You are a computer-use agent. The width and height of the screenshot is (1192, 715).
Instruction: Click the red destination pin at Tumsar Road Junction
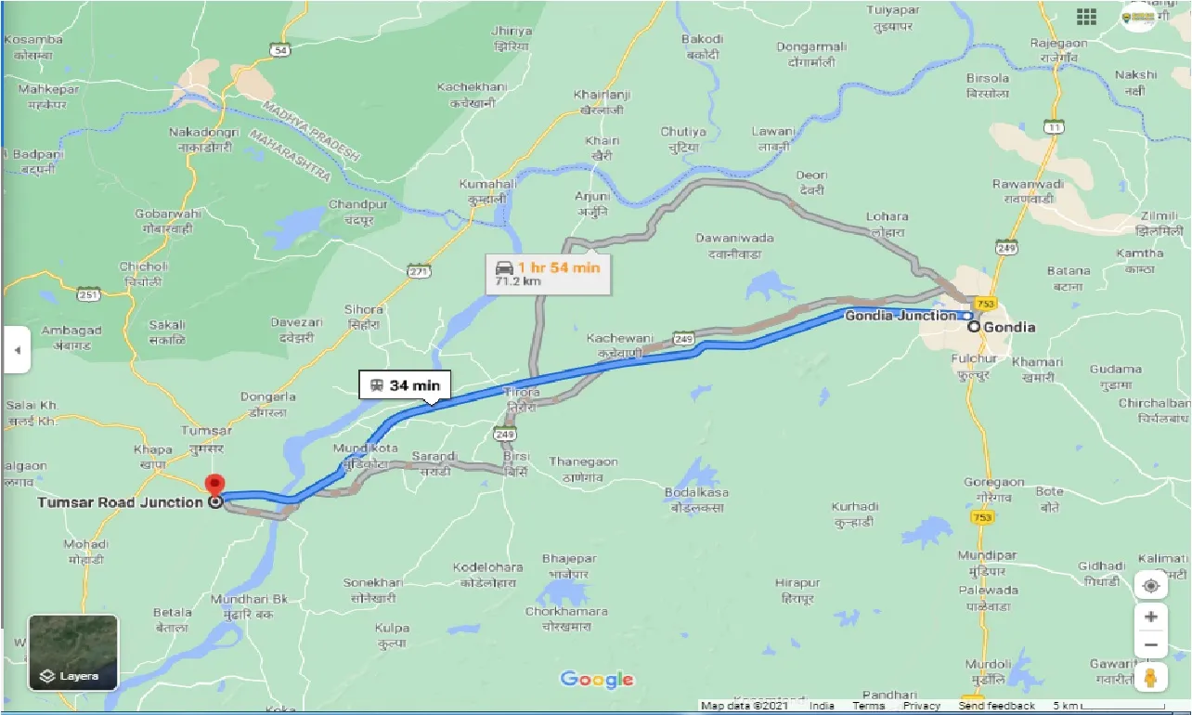tap(214, 486)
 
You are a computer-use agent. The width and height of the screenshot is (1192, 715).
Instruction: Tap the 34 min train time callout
tap(405, 384)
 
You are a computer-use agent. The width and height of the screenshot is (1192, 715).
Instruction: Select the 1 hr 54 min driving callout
tap(548, 273)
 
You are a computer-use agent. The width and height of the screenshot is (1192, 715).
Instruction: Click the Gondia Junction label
tap(900, 316)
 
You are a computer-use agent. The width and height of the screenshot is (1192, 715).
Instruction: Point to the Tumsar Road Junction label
tap(121, 502)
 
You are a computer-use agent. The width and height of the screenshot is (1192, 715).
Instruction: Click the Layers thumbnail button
tap(73, 652)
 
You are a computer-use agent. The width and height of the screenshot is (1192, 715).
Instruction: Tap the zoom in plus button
tap(1151, 617)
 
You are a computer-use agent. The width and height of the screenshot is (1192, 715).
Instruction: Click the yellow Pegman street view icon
tap(1151, 678)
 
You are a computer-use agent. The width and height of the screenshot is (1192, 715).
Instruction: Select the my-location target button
tap(1151, 586)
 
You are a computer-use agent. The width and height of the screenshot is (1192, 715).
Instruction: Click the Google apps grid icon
tap(1086, 17)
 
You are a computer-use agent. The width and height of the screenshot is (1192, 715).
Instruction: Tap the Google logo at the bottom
tap(597, 680)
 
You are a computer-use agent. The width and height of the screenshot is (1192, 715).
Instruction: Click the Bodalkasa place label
tap(696, 492)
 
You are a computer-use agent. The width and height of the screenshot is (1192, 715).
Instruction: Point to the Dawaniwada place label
tap(734, 239)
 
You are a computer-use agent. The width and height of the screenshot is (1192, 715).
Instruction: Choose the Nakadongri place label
tap(204, 133)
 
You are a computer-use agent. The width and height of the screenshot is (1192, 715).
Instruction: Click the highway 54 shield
tap(280, 49)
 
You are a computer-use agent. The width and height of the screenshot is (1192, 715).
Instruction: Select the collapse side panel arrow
tap(16, 350)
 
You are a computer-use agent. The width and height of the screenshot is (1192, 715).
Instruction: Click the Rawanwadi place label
tap(1028, 184)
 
